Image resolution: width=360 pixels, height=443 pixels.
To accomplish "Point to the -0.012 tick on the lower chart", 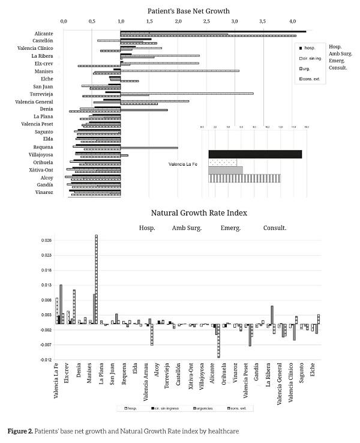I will [x=46, y=360].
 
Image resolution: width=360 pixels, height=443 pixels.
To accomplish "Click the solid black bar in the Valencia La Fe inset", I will [x=254, y=154].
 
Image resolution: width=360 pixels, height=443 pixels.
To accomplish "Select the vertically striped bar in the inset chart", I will [x=244, y=178].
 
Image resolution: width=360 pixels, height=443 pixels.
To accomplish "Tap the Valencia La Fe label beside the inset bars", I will [x=184, y=163].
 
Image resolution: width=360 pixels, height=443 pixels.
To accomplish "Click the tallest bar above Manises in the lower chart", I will [x=96, y=279].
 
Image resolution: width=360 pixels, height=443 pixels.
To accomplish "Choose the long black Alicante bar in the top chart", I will [x=213, y=32].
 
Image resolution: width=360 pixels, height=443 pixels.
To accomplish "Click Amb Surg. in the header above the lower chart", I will [x=187, y=228].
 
